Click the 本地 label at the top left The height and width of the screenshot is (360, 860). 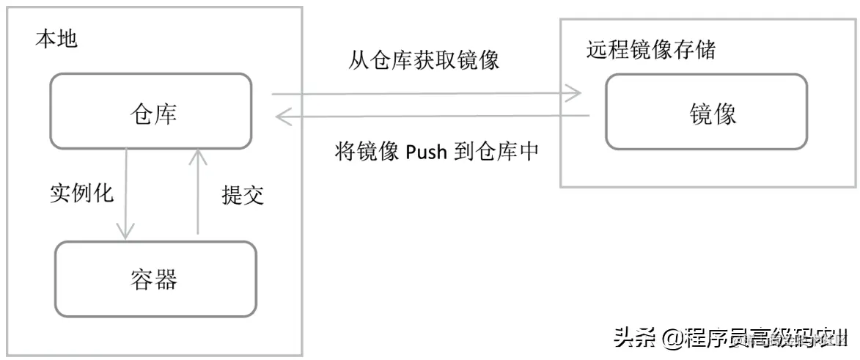56,39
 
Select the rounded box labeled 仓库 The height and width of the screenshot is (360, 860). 151,111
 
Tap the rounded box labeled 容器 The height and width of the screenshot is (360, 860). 155,279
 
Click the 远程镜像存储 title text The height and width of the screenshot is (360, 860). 650,50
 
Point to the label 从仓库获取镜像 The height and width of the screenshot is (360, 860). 424,60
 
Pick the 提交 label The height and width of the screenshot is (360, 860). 243,194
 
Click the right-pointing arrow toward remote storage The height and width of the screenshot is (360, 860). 426,93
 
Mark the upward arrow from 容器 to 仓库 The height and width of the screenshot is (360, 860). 197,191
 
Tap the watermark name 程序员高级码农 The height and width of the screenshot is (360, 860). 762,339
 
